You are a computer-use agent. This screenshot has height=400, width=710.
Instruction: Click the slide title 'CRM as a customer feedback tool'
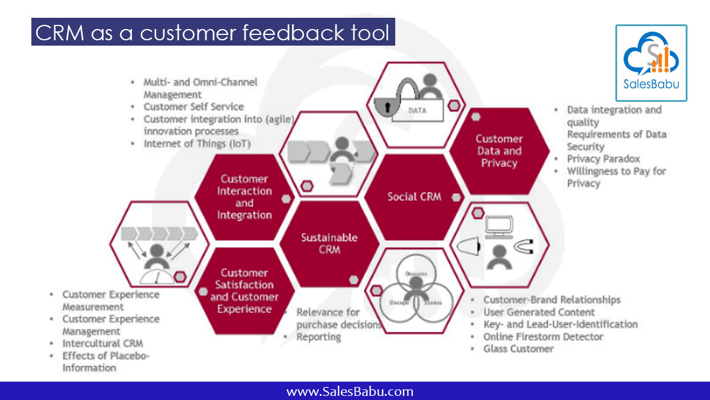tap(213, 33)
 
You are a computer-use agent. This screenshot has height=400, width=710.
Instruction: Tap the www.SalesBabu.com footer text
tap(350, 392)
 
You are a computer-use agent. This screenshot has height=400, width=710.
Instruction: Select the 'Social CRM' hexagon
tap(414, 197)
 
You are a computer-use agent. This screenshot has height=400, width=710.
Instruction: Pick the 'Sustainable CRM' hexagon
tap(329, 244)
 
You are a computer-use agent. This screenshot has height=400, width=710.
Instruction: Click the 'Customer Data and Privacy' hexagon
tap(499, 151)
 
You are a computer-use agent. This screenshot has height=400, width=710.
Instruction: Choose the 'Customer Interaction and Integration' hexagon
tap(244, 197)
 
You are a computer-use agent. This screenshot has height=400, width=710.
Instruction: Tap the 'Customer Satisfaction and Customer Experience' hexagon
tap(244, 290)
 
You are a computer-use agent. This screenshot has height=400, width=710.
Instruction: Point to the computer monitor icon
tap(499, 226)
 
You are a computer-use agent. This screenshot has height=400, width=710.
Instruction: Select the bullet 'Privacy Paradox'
tap(603, 159)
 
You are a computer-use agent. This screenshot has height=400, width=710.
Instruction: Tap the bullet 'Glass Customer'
tap(518, 348)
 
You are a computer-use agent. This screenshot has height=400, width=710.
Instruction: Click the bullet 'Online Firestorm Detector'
tap(543, 337)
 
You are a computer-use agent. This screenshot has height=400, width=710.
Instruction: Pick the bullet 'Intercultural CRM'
tap(102, 343)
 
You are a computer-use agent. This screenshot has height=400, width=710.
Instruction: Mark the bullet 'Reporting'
tap(318, 337)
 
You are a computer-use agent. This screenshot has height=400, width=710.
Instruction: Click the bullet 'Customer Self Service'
tap(193, 107)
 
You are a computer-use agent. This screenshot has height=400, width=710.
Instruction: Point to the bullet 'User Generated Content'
tap(539, 312)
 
